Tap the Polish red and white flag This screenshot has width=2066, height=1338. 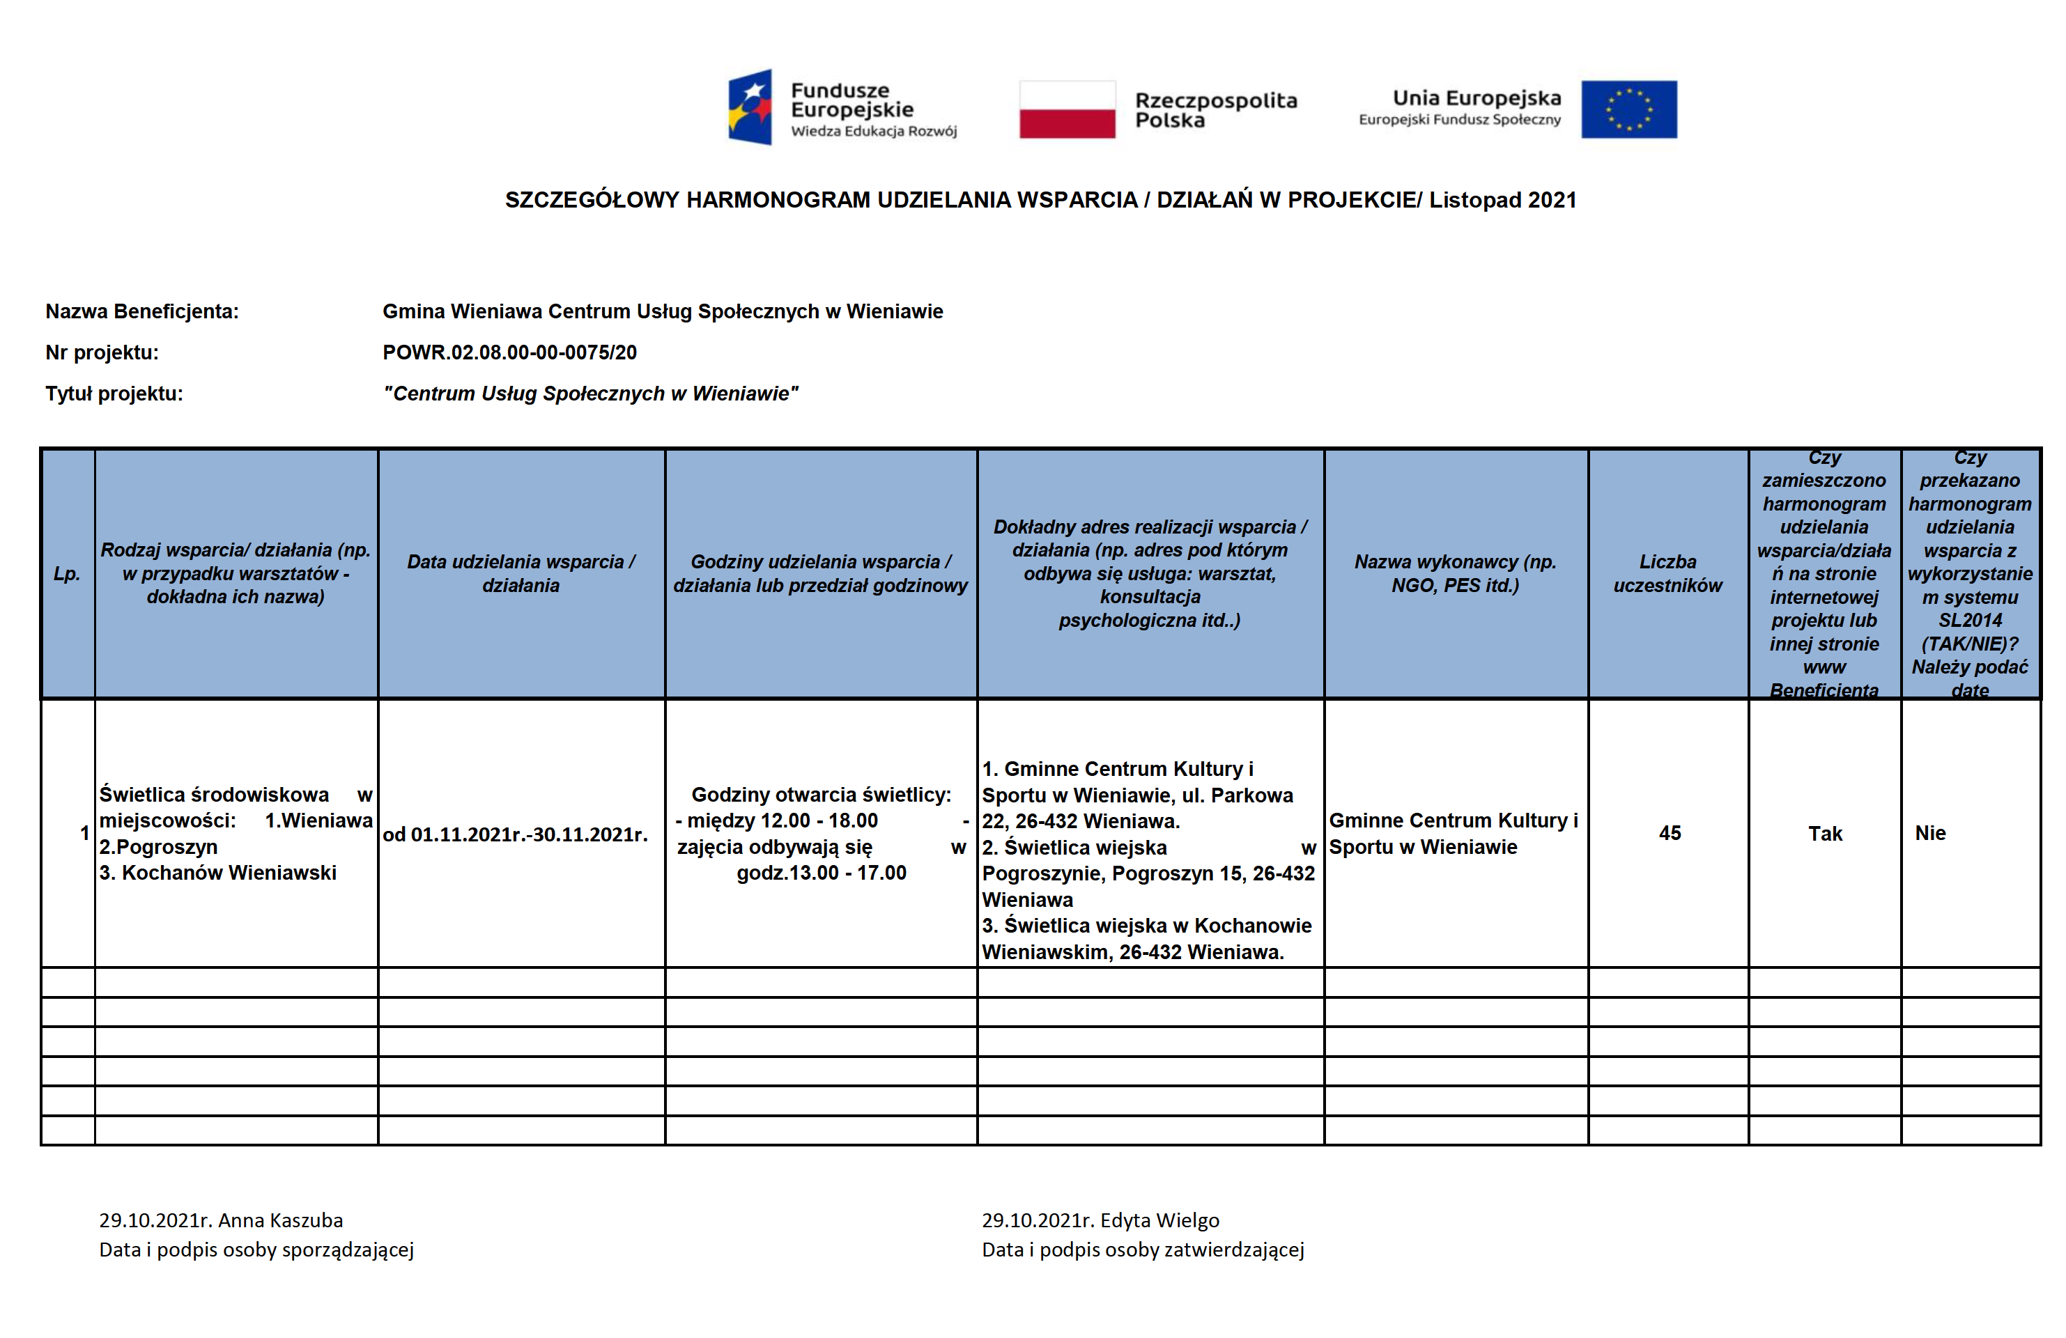1067,109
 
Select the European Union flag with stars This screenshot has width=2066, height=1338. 1628,109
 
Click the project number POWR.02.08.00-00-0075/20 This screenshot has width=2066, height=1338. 509,352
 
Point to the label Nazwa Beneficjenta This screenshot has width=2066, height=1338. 141,311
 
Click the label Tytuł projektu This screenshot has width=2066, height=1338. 114,394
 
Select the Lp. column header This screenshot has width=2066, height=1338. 67,573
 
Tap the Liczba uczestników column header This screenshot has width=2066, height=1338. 1667,573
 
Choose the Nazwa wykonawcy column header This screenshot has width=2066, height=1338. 1455,573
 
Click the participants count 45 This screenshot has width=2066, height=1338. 1670,833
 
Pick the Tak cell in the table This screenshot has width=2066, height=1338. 1825,834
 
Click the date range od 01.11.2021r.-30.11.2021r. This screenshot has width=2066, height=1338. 515,834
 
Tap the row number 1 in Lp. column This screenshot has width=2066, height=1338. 84,833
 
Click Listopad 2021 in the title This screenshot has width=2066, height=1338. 1502,201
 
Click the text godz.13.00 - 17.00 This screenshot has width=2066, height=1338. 822,873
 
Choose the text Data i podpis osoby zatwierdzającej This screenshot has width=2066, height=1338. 1142,1250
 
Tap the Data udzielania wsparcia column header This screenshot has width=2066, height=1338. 521,573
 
